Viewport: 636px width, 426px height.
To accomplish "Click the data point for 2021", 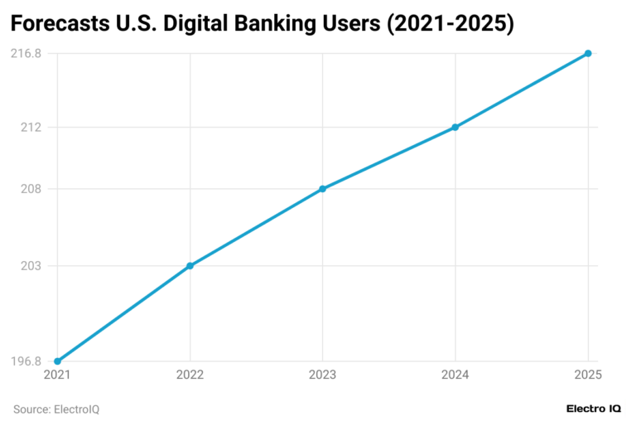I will tap(57, 361).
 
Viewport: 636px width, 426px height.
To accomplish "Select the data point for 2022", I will tap(190, 266).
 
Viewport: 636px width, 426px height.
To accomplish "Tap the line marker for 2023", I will tap(322, 189).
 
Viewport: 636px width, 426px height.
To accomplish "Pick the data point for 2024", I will tap(455, 128).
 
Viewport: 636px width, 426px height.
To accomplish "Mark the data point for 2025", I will tap(588, 54).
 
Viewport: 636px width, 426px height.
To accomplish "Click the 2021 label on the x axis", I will tap(57, 375).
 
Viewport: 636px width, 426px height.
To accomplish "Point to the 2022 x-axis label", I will tap(190, 375).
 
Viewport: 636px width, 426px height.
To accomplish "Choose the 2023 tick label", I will tap(322, 375).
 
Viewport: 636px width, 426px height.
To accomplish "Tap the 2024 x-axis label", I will tap(455, 375).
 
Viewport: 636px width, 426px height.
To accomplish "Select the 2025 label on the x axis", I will tap(587, 375).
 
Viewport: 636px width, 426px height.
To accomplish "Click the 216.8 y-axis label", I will tap(26, 54).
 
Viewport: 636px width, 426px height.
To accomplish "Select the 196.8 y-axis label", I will tap(26, 361).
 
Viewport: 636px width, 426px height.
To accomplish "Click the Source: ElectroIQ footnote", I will tap(56, 409).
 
